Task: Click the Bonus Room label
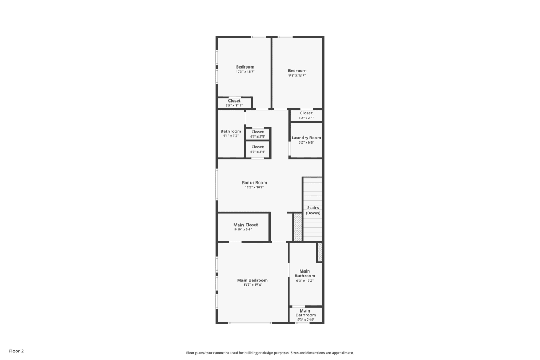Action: (254, 182)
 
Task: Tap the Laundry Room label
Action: (306, 138)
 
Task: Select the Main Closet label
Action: (246, 225)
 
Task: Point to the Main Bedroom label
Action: (252, 280)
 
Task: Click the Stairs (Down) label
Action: (313, 210)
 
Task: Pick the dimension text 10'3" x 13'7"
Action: (245, 72)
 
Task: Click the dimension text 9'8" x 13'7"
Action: (297, 76)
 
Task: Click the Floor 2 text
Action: (16, 351)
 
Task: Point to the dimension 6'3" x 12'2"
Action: (305, 281)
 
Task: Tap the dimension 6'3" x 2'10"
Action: (305, 320)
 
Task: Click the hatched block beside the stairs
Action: (298, 227)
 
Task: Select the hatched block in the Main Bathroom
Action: (320, 252)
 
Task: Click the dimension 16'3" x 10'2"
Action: (254, 187)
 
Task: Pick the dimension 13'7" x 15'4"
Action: (252, 285)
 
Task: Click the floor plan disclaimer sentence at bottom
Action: (270, 353)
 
